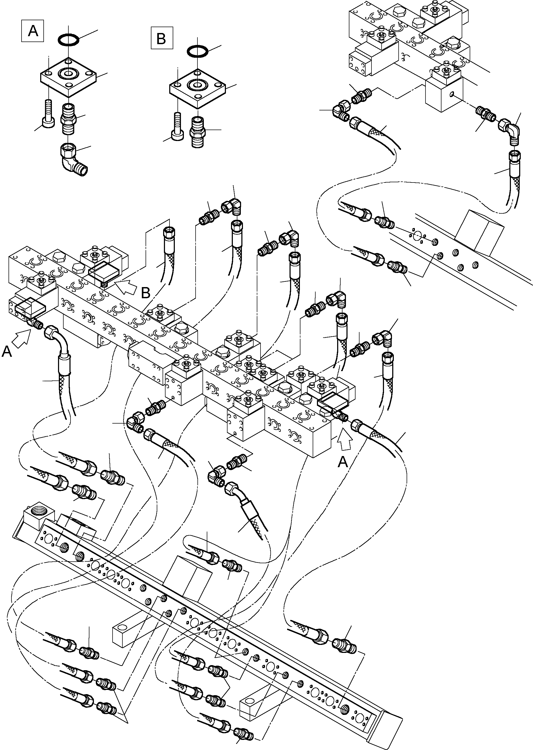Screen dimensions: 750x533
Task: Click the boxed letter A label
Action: pos(32,31)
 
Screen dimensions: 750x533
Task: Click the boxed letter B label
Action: pos(162,38)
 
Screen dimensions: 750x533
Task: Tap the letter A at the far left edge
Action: pos(7,352)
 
